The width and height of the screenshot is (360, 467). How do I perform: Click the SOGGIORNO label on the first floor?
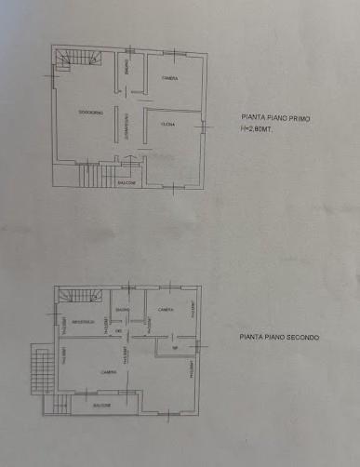[90, 113]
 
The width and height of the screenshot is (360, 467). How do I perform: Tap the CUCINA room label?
[168, 124]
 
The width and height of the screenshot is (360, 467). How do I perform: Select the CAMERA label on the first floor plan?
[169, 78]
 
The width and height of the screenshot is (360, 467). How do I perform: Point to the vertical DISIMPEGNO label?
[127, 131]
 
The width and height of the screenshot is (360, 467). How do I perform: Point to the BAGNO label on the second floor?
[122, 310]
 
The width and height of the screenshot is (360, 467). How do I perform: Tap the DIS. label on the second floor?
[119, 332]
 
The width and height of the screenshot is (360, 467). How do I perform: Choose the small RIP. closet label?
[174, 349]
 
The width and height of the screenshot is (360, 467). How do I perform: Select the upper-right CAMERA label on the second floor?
[165, 310]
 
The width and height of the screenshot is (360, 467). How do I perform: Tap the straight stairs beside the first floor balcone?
[90, 173]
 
